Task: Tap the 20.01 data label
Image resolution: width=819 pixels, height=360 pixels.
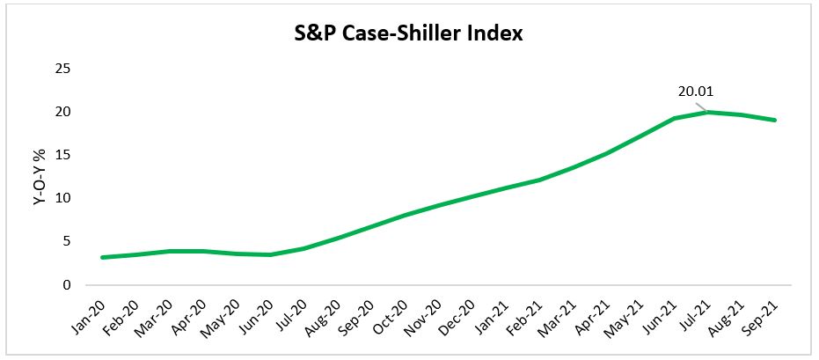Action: pos(696,92)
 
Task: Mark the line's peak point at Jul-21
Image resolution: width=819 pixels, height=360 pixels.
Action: pos(708,112)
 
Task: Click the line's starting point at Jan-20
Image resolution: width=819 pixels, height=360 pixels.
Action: pos(102,257)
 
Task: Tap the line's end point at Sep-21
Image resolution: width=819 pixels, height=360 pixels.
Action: pos(775,121)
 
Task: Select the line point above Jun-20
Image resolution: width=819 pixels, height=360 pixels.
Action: pos(271,254)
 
